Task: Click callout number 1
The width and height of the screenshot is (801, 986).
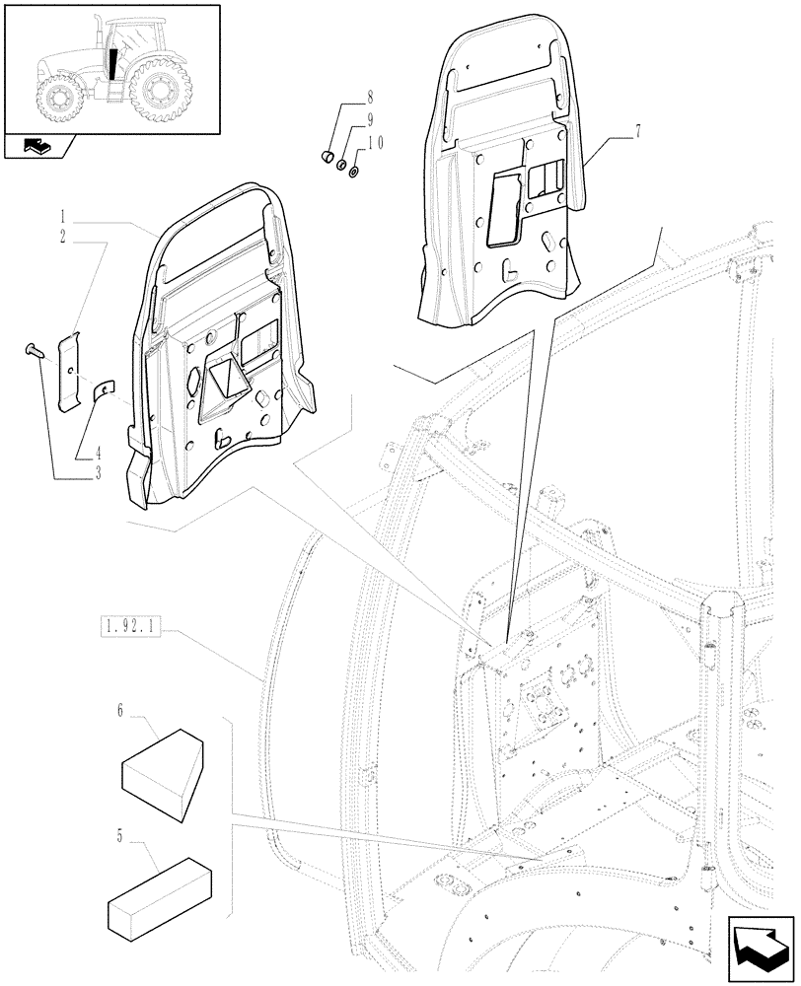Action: tap(61, 215)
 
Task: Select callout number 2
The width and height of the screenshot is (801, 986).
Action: tap(61, 238)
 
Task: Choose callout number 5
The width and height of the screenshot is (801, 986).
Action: tap(119, 837)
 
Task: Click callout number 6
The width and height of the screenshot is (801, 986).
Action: tap(119, 709)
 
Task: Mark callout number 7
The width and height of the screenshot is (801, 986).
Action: tap(638, 131)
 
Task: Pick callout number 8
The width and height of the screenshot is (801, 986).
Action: tap(370, 98)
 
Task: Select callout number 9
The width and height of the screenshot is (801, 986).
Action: tap(370, 120)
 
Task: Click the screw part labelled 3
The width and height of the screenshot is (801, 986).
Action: tap(31, 349)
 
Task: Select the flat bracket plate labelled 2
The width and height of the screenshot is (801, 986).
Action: tap(68, 370)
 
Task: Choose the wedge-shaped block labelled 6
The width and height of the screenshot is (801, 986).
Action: tap(164, 765)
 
